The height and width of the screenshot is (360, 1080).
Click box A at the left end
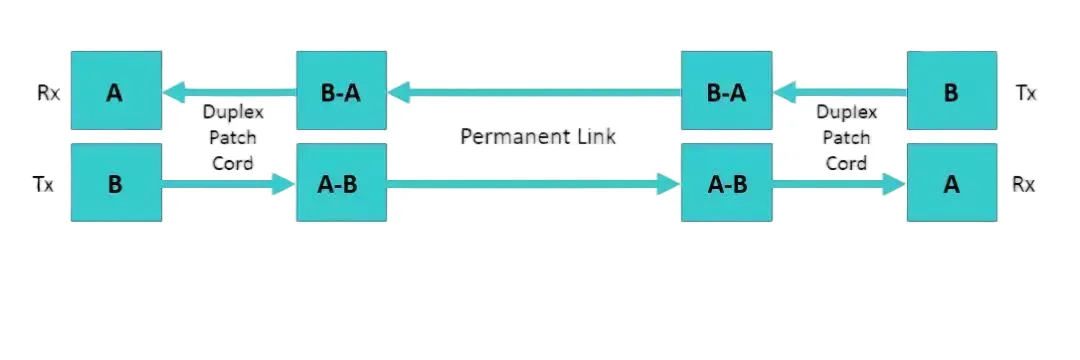(116, 93)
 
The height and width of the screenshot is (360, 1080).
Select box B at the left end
(116, 184)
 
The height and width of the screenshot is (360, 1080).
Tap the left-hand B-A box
(341, 93)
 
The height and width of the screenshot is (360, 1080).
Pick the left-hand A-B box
(341, 184)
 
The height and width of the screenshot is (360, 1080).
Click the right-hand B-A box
(726, 93)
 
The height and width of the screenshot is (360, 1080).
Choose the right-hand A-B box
(726, 184)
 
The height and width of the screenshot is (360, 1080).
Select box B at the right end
(951, 93)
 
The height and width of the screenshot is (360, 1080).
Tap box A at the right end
(951, 184)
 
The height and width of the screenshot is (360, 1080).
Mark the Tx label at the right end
(1026, 94)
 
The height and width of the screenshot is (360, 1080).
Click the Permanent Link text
(538, 137)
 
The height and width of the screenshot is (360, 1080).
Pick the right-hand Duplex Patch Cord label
(846, 138)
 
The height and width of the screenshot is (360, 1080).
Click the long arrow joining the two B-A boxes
(534, 94)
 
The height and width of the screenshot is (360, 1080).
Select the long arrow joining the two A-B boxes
(534, 184)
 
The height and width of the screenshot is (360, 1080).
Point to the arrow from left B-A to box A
(230, 94)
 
